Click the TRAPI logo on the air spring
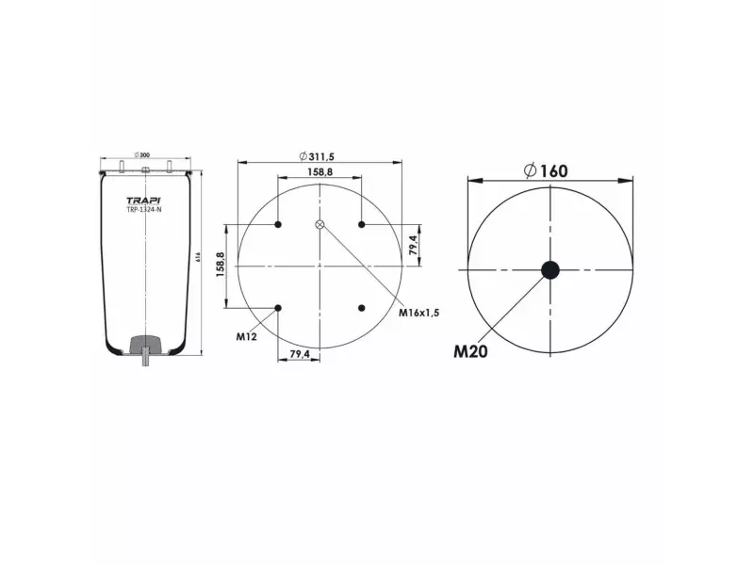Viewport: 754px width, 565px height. click(144, 199)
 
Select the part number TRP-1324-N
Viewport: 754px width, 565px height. click(144, 209)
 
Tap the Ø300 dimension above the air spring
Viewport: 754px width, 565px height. click(144, 154)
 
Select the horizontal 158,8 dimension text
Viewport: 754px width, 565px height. click(320, 172)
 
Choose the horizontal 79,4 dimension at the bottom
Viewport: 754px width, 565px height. click(300, 354)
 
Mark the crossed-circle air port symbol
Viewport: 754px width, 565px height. click(320, 224)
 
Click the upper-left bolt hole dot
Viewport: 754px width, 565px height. click(279, 224)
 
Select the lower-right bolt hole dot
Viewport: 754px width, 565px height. click(362, 307)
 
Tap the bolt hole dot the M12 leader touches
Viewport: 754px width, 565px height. click(279, 307)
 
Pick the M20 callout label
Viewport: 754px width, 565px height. click(471, 352)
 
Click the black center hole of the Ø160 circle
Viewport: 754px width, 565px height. click(549, 270)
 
